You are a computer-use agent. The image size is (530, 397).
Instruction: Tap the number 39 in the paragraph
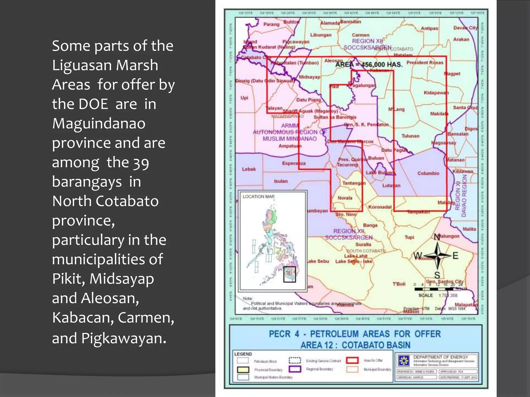(141, 163)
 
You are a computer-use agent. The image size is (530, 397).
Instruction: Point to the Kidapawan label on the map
(436, 93)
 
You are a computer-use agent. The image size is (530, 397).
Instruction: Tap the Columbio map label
(428, 173)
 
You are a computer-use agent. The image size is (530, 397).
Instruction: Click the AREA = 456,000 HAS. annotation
(369, 64)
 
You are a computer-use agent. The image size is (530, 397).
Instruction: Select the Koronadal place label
(380, 207)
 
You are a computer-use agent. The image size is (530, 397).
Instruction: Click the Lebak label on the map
(249, 169)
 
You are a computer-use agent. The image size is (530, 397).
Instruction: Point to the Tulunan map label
(410, 136)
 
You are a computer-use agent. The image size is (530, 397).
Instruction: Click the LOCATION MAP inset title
(258, 197)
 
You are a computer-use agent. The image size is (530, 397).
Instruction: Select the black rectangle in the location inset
(289, 274)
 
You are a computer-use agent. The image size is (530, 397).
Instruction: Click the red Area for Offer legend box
(352, 360)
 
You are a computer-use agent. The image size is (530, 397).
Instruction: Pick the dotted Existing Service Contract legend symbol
(295, 360)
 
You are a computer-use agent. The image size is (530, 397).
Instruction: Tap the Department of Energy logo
(404, 361)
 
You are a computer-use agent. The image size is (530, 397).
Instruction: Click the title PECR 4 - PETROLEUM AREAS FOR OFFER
(355, 334)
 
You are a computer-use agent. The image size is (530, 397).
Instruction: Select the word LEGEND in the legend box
(243, 354)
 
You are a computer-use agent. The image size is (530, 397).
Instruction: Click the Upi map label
(244, 98)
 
